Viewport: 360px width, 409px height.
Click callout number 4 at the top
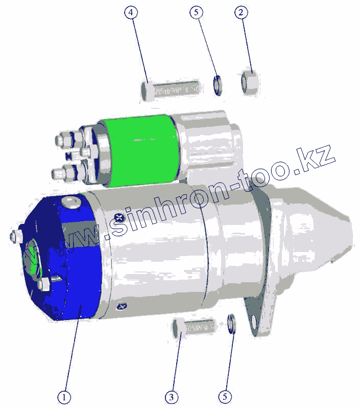131,12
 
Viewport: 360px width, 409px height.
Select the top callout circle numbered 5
196,12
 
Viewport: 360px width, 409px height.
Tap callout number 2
241,12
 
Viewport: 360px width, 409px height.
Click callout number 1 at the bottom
64,398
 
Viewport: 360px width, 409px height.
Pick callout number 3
172,397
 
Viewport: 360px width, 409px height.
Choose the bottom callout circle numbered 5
225,397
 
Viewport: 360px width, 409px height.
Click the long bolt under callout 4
171,90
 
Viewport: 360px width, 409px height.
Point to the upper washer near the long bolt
218,85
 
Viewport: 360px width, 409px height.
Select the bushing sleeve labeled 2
250,82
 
